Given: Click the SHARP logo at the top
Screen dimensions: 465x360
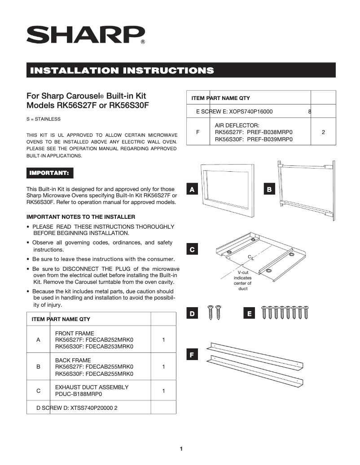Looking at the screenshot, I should click(x=86, y=35).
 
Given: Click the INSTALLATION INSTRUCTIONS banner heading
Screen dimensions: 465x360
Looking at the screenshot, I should click(x=121, y=70).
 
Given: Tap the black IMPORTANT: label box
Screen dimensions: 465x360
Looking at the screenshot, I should click(x=49, y=173).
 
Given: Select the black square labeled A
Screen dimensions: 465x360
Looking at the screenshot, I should click(x=192, y=190).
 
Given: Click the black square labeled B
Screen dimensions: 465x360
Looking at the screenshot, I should click(x=269, y=190).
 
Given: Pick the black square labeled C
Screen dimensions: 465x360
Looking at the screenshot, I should click(x=192, y=249).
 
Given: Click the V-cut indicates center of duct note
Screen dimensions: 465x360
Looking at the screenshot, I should click(x=243, y=280).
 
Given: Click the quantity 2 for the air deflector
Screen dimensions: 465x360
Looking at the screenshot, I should click(x=323, y=133).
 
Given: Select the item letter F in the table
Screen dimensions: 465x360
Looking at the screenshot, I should click(x=198, y=133).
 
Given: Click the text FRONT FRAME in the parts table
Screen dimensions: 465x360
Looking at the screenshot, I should click(x=75, y=333).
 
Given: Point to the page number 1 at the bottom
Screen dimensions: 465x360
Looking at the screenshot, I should click(x=181, y=448).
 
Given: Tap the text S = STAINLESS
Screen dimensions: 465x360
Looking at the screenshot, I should click(x=44, y=119).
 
